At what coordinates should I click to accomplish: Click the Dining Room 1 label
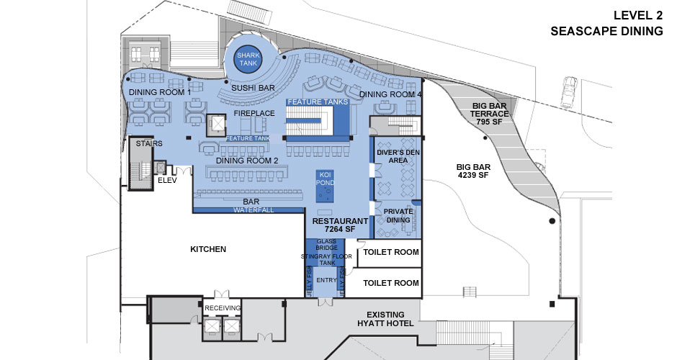click(160, 92)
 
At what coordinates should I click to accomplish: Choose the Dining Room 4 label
click(390, 94)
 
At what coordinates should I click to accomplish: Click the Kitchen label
click(208, 249)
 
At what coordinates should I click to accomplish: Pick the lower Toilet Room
click(390, 283)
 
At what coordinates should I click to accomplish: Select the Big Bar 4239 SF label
click(473, 170)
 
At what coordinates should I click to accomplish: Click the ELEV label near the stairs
click(167, 181)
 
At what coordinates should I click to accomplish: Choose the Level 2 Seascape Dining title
click(606, 22)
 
